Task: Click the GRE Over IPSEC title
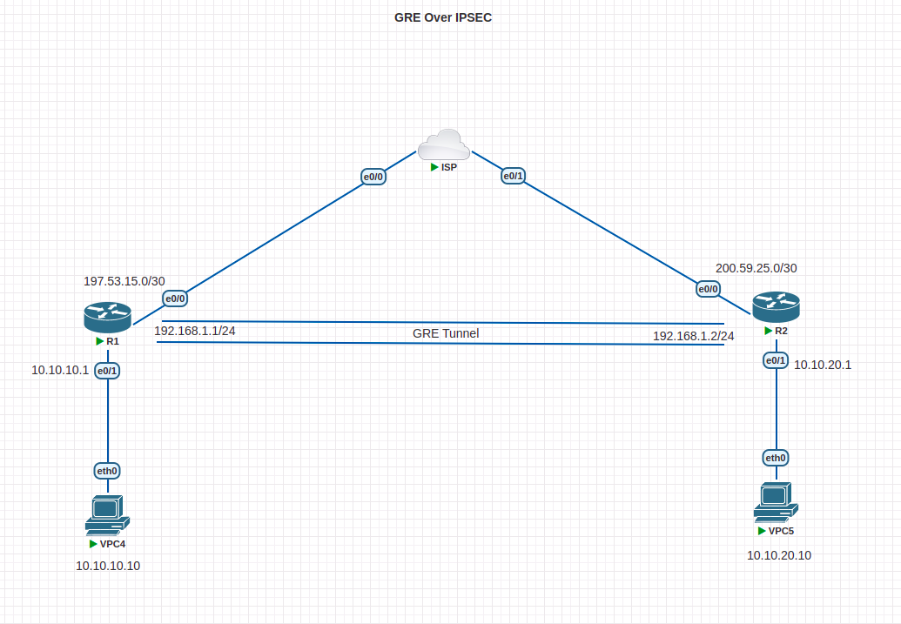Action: pyautogui.click(x=443, y=17)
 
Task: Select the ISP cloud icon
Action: pyautogui.click(x=443, y=144)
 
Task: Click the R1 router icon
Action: pyautogui.click(x=107, y=317)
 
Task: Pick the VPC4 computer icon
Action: pyautogui.click(x=107, y=513)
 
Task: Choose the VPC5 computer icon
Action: pyautogui.click(x=775, y=501)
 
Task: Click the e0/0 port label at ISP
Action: pyautogui.click(x=373, y=176)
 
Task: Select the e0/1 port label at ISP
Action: pyautogui.click(x=513, y=176)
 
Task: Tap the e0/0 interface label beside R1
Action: pyautogui.click(x=175, y=299)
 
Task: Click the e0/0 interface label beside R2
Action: pyautogui.click(x=708, y=289)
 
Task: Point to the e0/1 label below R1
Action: pyautogui.click(x=107, y=371)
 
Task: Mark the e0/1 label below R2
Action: pyautogui.click(x=776, y=359)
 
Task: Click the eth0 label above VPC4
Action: pyautogui.click(x=107, y=471)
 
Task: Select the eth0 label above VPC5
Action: pyautogui.click(x=776, y=458)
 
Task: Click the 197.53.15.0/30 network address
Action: pyautogui.click(x=124, y=281)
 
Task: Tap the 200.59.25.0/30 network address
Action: pyautogui.click(x=756, y=268)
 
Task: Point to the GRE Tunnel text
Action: pyautogui.click(x=446, y=332)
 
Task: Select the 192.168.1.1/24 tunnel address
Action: pyautogui.click(x=195, y=331)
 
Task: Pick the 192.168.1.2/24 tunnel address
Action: pyautogui.click(x=693, y=336)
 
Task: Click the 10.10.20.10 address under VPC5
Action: pyautogui.click(x=779, y=555)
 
